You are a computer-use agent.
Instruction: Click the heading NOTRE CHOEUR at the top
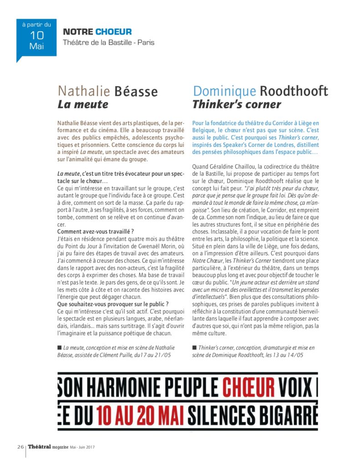(97, 32)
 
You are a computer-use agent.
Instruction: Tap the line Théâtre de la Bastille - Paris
(109, 43)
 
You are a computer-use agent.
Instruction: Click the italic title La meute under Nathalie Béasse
(83, 105)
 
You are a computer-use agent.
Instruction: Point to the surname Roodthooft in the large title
(294, 91)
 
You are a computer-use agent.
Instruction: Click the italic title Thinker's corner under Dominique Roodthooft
(237, 105)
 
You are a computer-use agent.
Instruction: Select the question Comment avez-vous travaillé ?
(96, 232)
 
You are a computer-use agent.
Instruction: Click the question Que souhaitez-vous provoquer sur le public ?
(113, 304)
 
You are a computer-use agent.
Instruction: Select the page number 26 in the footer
(20, 446)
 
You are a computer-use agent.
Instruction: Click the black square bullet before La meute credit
(60, 347)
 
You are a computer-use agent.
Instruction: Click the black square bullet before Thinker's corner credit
(194, 347)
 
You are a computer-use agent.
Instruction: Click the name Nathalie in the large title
(84, 91)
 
